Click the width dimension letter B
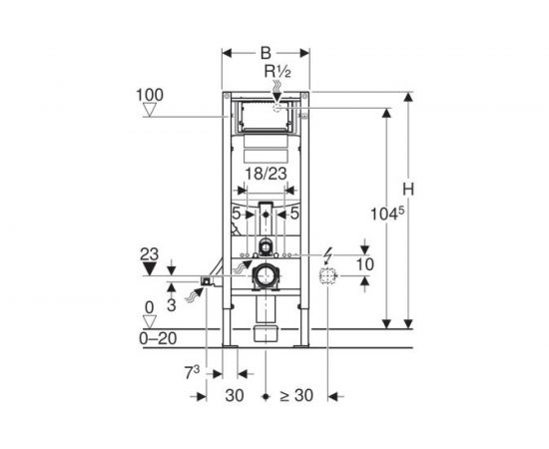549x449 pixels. click(266, 53)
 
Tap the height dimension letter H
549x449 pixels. click(408, 190)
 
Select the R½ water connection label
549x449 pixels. click(277, 72)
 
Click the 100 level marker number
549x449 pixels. click(150, 95)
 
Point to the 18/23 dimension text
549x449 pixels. click(266, 174)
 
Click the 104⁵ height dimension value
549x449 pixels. click(387, 214)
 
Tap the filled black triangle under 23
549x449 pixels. click(150, 268)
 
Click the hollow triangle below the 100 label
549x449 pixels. click(151, 110)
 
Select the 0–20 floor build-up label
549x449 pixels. click(158, 338)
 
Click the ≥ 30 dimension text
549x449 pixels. click(296, 395)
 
